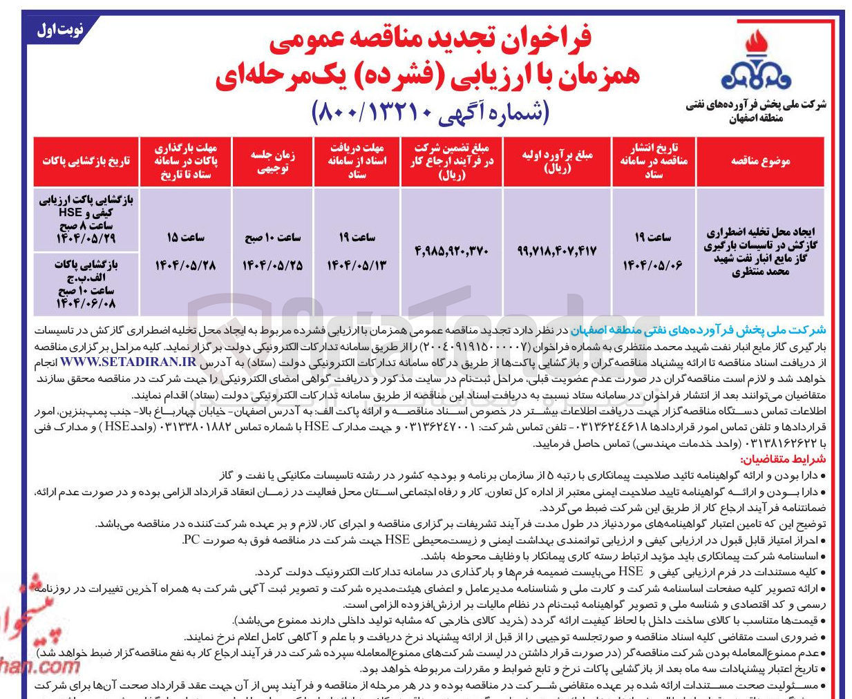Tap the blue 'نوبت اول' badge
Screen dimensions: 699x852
[x=60, y=30]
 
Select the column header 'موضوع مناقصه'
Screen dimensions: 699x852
[x=760, y=161]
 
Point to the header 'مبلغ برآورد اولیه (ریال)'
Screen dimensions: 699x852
[x=557, y=161]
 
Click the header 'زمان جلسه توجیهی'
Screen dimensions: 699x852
[x=273, y=161]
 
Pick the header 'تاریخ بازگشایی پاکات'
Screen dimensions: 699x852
[x=86, y=161]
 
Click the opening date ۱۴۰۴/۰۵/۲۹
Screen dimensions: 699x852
[x=86, y=239]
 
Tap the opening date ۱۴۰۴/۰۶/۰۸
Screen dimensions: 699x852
[x=86, y=303]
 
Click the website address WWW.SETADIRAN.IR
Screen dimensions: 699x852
[x=128, y=362]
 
